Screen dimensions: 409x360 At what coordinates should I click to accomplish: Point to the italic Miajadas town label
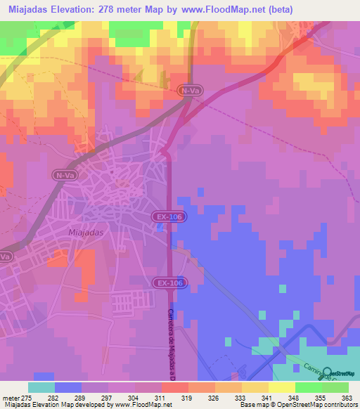click(88, 231)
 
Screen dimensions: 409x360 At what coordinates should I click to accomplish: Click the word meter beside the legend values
click(12, 397)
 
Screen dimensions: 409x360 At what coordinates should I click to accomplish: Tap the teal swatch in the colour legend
click(41, 387)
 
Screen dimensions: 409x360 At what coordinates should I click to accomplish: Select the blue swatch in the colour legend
click(68, 387)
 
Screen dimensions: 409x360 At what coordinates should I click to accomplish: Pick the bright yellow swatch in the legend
click(282, 387)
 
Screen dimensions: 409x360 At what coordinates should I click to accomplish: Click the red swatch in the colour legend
click(175, 387)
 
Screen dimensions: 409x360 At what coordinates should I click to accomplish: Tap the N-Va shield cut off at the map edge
click(4, 257)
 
